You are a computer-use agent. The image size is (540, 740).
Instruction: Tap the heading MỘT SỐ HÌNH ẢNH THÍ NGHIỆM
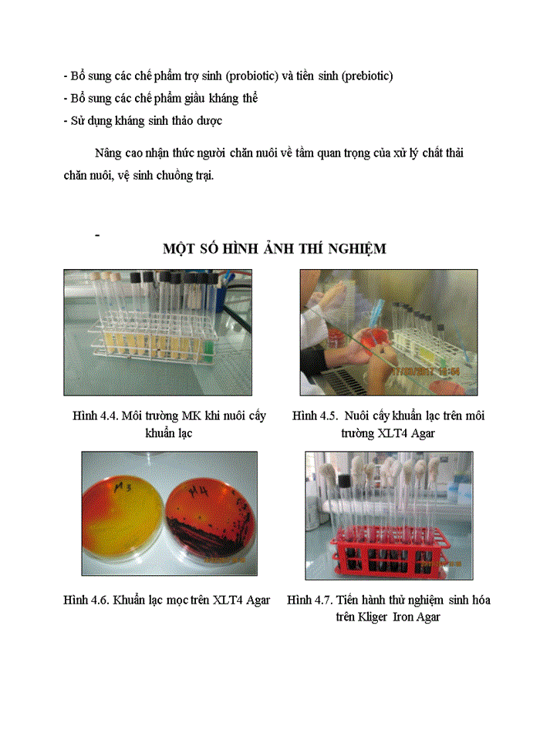[x=274, y=249]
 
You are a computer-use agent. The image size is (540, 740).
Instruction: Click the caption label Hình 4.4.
[x=94, y=416]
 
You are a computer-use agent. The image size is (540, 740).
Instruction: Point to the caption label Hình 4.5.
[x=315, y=416]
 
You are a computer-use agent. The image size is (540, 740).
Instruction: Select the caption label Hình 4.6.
[x=86, y=600]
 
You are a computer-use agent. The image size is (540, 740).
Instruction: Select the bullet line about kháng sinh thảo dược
[x=143, y=121]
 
